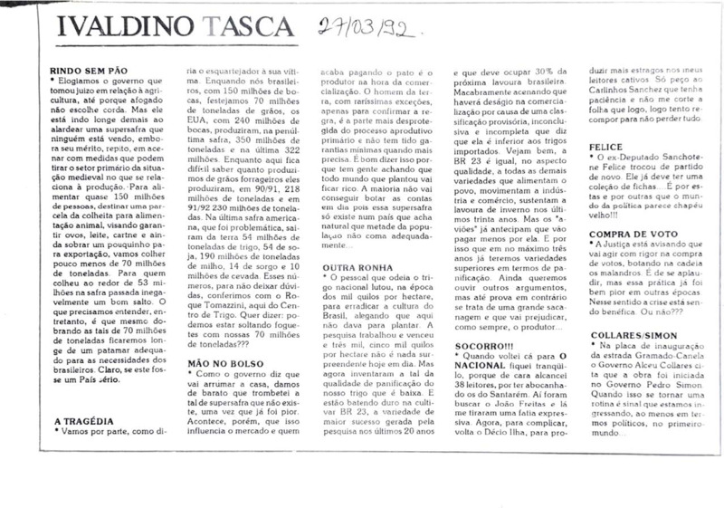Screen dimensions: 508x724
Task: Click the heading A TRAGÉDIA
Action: (x=82, y=420)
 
